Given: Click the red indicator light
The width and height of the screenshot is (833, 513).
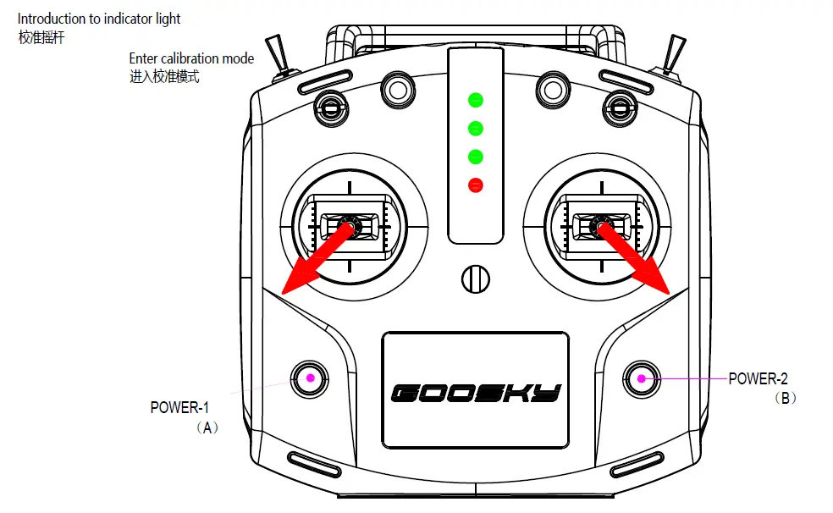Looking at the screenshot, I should pos(476,185).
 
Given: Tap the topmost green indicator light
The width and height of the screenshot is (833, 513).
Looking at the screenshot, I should pos(476,101).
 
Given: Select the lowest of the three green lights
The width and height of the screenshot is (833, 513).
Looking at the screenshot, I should pos(476,157).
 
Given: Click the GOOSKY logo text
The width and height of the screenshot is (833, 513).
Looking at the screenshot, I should pos(476,393).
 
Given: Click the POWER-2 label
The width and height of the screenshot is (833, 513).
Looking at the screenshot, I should pos(758,379).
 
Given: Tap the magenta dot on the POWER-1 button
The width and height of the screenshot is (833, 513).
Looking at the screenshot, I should pos(310,378).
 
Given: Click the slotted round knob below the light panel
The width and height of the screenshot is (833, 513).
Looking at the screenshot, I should pos(476,278).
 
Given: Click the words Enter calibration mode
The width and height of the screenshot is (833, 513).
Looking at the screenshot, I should pos(190,59).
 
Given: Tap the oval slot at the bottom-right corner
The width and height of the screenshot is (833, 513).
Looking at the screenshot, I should pos(637,464).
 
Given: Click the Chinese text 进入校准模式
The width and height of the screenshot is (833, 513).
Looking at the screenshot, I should pos(164,77).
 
